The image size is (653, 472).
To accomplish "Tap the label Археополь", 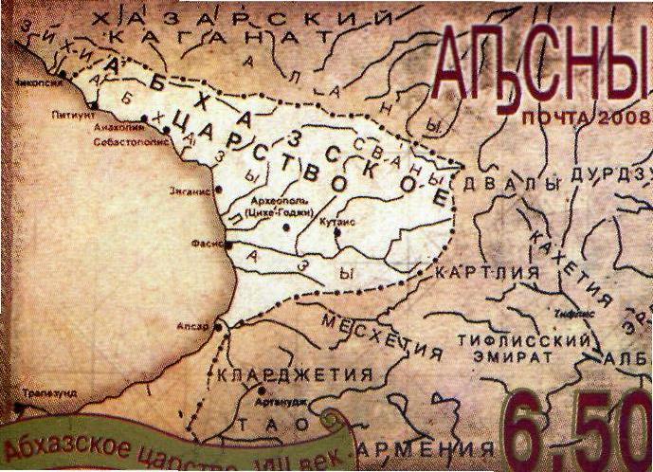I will pos(278,201).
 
